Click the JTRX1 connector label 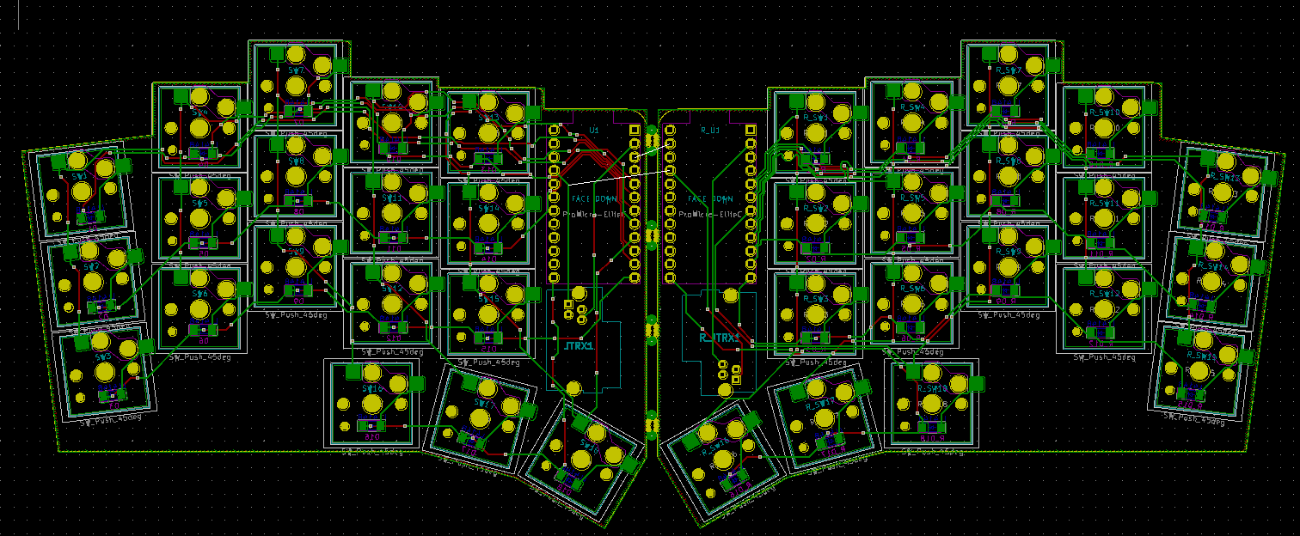[579, 346]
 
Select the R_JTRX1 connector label [719, 338]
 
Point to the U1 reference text [593, 130]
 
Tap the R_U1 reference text [708, 130]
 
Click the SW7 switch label [296, 70]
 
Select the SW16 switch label [371, 388]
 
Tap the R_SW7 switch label [1008, 70]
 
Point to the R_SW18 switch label [933, 388]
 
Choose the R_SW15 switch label [1200, 355]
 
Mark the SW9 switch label [296, 251]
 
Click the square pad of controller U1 [634, 130]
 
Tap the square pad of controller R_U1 [749, 130]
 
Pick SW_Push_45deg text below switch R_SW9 [1009, 315]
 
